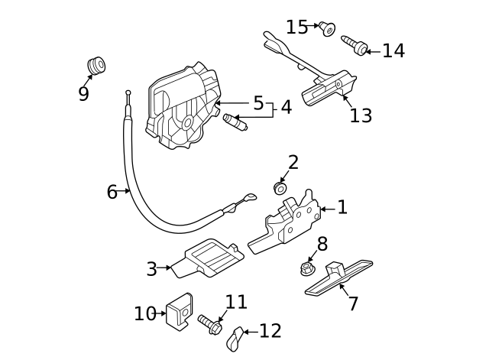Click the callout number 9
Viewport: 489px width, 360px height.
click(83, 94)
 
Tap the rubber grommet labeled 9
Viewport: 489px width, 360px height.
click(96, 66)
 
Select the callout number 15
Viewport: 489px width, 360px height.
click(297, 28)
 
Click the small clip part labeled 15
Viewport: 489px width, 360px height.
click(328, 29)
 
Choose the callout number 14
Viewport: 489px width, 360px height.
click(393, 51)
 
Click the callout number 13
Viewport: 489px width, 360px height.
click(361, 115)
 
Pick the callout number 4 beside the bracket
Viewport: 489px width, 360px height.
click(286, 107)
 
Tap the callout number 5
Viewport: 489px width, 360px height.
click(258, 103)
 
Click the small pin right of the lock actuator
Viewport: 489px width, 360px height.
click(233, 122)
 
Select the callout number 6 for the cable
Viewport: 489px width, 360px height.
click(112, 192)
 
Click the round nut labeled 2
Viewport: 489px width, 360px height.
click(280, 187)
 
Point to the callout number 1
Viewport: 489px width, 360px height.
click(342, 207)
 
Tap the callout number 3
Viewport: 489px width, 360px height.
click(151, 269)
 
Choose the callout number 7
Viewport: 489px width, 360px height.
click(352, 303)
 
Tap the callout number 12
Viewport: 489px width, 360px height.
click(270, 331)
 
